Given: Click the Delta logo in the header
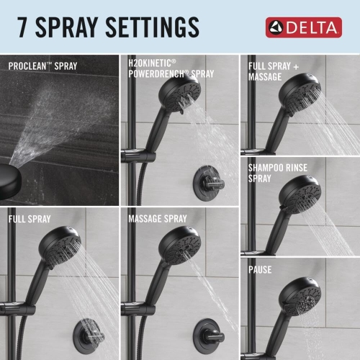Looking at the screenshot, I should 302,27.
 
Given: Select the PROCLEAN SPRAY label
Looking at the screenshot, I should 43,66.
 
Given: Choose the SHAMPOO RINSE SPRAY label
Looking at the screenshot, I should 277,173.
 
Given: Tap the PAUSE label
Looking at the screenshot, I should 261,271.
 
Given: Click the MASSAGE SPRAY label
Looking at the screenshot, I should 157,218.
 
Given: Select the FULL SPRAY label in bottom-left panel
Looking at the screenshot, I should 31,218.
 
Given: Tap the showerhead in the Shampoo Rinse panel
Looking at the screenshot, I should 300,193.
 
